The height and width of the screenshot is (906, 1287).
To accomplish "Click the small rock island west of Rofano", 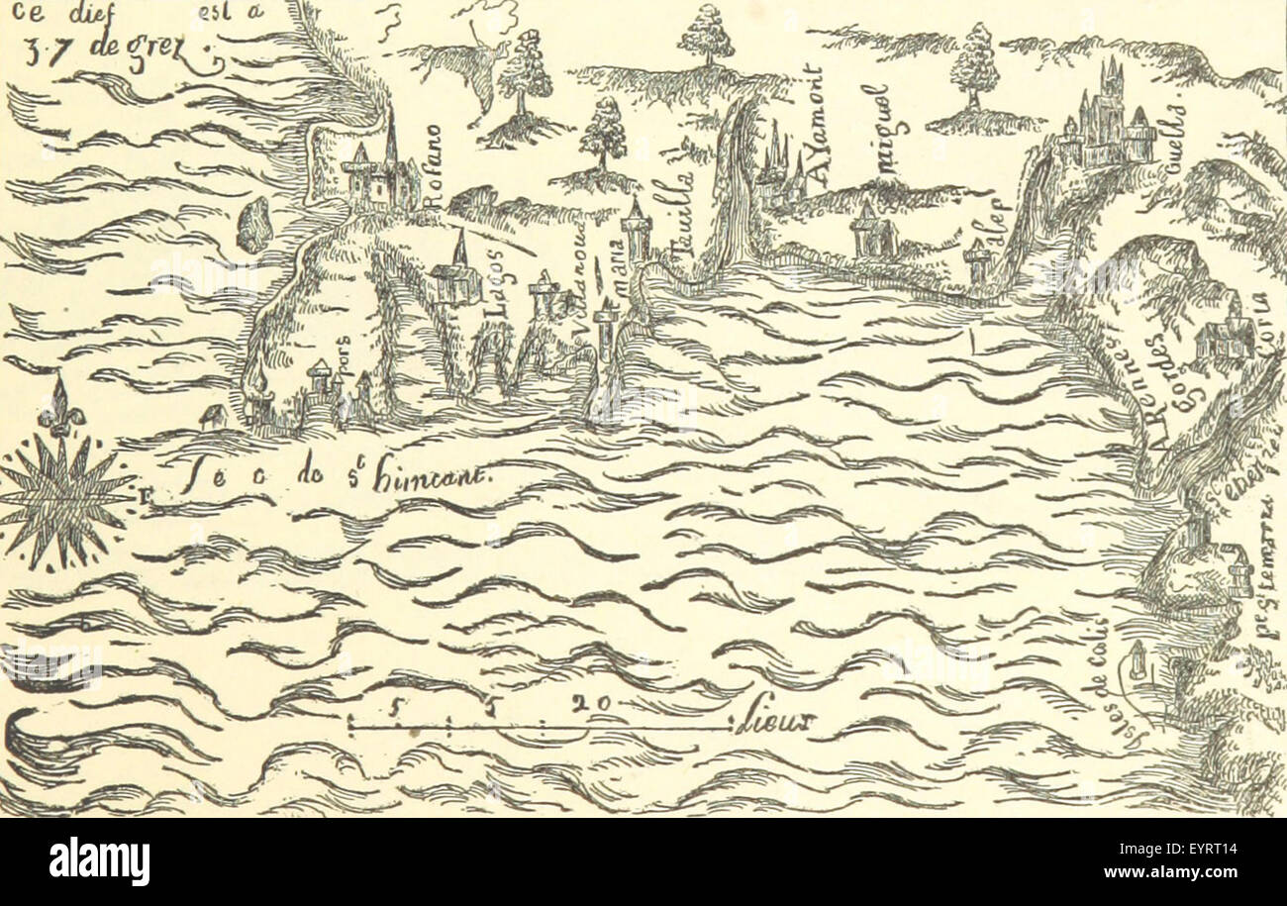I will [255, 224].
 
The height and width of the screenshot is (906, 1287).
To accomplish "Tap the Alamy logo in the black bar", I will [99, 860].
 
